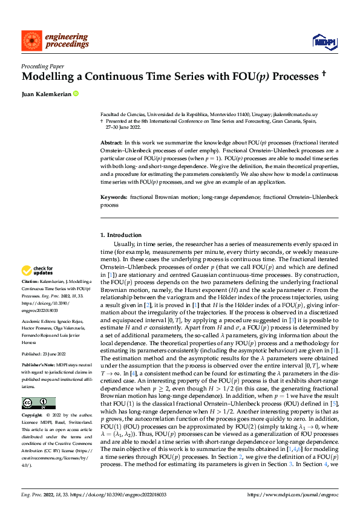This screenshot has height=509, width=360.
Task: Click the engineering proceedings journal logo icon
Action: (31, 41)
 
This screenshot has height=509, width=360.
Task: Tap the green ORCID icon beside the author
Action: (76, 94)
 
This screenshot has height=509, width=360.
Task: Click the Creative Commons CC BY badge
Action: (38, 403)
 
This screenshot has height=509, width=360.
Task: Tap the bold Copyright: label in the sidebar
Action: (33, 416)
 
